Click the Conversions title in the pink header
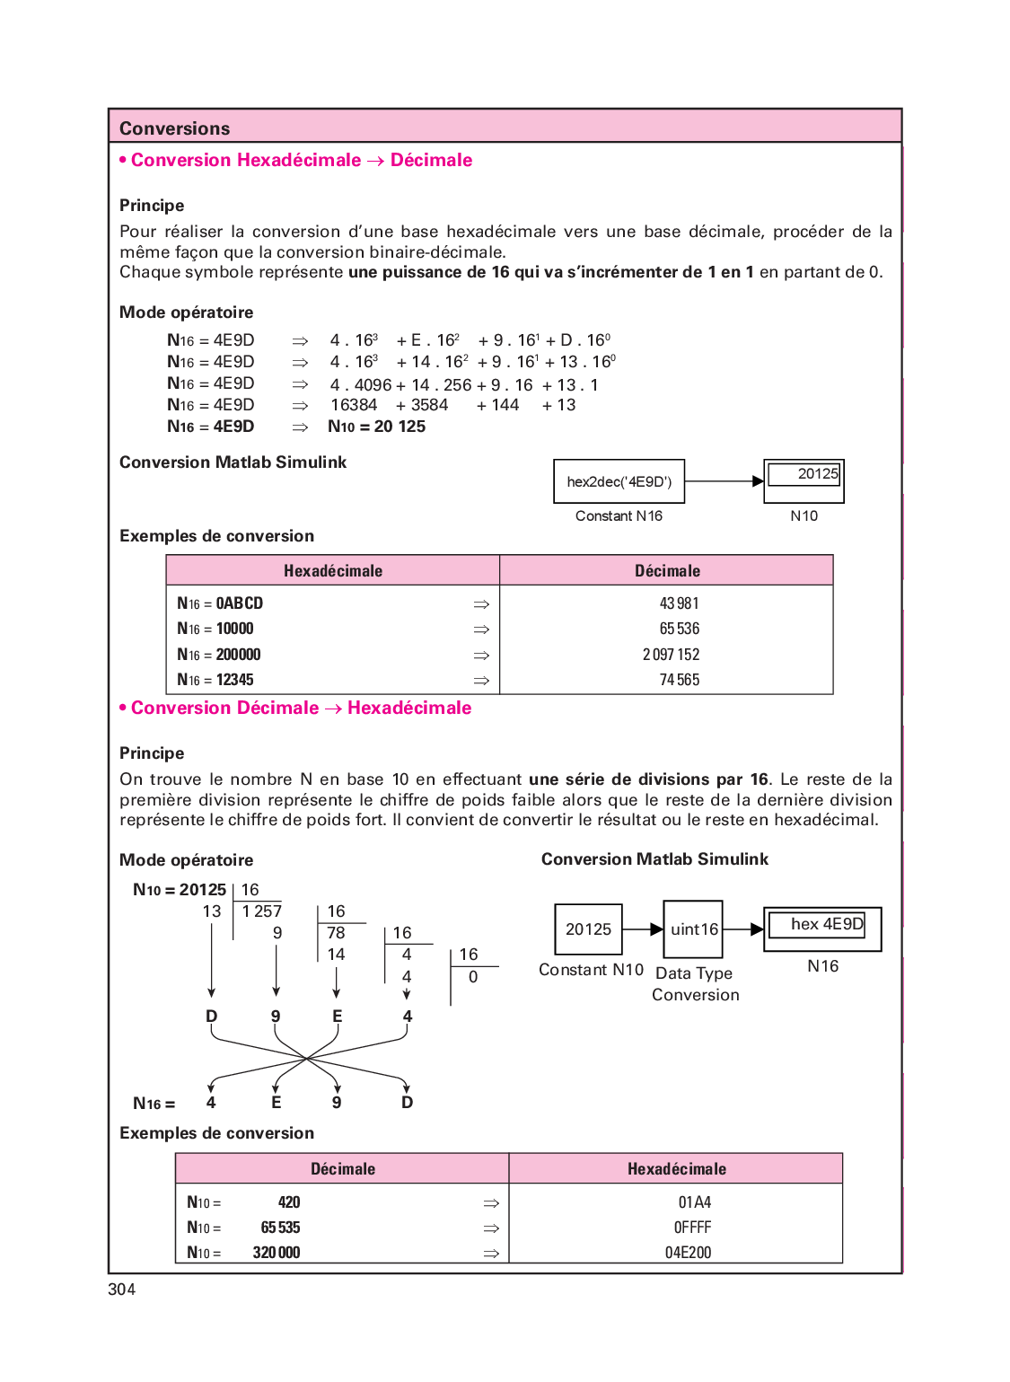pyautogui.click(x=175, y=128)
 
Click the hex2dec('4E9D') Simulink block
pyautogui.click(x=619, y=481)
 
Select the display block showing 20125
pyautogui.click(x=804, y=480)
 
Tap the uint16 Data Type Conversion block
pyautogui.click(x=693, y=929)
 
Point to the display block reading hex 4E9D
pyautogui.click(x=822, y=929)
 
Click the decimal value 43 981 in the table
pyautogui.click(x=679, y=603)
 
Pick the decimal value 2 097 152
pyautogui.click(x=671, y=655)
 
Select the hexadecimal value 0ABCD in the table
pyautogui.click(x=240, y=603)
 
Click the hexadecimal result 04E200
pyautogui.click(x=688, y=1253)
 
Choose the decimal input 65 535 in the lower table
pyautogui.click(x=280, y=1228)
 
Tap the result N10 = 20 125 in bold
pyautogui.click(x=377, y=427)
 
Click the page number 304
pyautogui.click(x=122, y=1290)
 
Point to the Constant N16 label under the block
pyautogui.click(x=619, y=516)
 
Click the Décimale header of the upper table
pyautogui.click(x=667, y=571)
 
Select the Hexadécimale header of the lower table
pyautogui.click(x=676, y=1169)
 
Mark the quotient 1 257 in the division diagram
pyautogui.click(x=261, y=911)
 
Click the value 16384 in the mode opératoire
pyautogui.click(x=354, y=405)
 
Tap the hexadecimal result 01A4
pyautogui.click(x=695, y=1202)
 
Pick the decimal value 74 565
pyautogui.click(x=679, y=680)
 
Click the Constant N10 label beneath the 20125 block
pyautogui.click(x=591, y=970)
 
